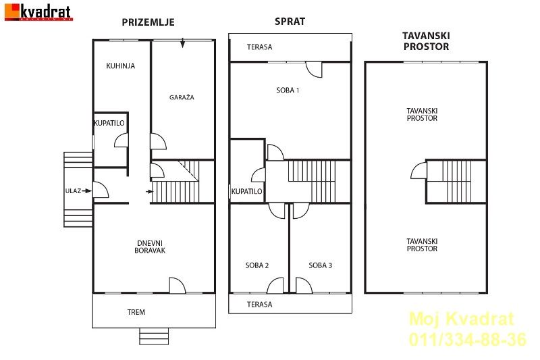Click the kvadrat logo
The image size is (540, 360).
pyautogui.click(x=38, y=12)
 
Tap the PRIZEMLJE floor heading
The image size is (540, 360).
pyautogui.click(x=148, y=22)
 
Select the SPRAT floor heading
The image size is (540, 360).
pyautogui.click(x=290, y=22)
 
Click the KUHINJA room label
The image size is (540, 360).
pyautogui.click(x=121, y=66)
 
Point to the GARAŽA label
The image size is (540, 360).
pyautogui.click(x=182, y=97)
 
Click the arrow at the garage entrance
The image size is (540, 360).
pyautogui.click(x=182, y=43)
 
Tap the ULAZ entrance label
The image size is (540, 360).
pyautogui.click(x=74, y=191)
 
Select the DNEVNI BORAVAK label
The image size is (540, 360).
pyautogui.click(x=150, y=247)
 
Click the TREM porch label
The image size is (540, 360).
pyautogui.click(x=136, y=312)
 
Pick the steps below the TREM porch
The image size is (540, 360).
pyautogui.click(x=154, y=336)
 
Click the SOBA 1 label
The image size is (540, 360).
pyautogui.click(x=288, y=91)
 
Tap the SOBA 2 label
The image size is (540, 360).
pyautogui.click(x=257, y=265)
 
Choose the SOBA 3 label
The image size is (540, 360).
pyautogui.click(x=320, y=265)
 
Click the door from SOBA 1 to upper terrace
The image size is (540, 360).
pyautogui.click(x=314, y=70)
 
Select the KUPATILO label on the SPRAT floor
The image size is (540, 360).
pyautogui.click(x=246, y=191)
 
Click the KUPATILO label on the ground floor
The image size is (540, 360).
pyautogui.click(x=109, y=123)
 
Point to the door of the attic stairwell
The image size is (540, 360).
pyautogui.click(x=418, y=170)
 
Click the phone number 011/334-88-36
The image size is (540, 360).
pyautogui.click(x=468, y=339)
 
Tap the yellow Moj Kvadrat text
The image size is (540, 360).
pyautogui.click(x=462, y=319)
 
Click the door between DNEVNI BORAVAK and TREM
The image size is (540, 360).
pyautogui.click(x=178, y=285)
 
